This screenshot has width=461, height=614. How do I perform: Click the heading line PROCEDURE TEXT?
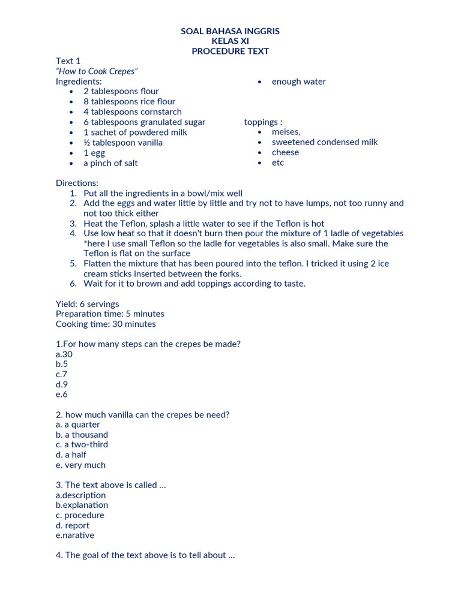[230, 51]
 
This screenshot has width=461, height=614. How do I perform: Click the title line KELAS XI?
[230, 41]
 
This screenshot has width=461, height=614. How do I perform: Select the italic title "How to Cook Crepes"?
[97, 71]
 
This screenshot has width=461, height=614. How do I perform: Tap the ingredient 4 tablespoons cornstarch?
[132, 112]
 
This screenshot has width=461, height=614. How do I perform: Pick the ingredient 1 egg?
[94, 153]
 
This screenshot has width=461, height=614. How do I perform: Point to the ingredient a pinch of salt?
[110, 163]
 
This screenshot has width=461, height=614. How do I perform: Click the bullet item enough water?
[298, 82]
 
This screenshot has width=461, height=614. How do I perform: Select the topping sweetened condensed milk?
[325, 142]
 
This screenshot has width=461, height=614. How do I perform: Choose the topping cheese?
[285, 152]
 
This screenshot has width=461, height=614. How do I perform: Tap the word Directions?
[77, 183]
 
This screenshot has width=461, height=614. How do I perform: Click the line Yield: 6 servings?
[87, 304]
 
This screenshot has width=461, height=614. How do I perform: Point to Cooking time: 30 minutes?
[106, 324]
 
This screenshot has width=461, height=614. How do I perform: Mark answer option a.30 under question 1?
[64, 354]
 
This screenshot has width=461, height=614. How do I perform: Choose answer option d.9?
[61, 384]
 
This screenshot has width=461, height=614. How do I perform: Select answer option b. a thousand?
[82, 435]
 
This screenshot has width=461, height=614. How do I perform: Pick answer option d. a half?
[71, 455]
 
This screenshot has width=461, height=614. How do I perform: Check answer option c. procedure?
[80, 515]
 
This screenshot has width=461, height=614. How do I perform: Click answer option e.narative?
[75, 535]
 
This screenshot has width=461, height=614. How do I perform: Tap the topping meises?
[286, 132]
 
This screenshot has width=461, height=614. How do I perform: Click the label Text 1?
[68, 61]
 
